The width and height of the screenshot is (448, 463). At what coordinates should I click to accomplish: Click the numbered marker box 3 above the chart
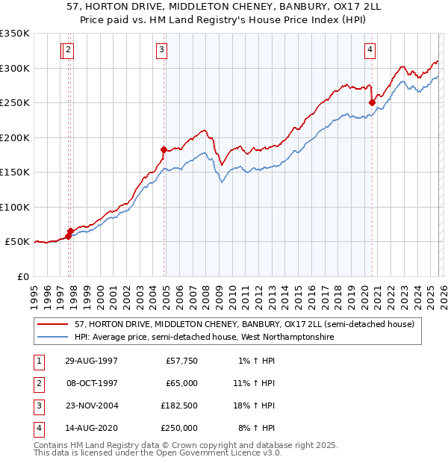pos(161,50)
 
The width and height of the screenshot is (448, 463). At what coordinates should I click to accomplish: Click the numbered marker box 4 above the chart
pos(369,50)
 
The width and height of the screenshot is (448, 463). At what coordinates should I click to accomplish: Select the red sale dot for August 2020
pos(372,103)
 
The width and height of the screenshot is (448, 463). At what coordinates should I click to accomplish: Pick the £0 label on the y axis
pos(22,276)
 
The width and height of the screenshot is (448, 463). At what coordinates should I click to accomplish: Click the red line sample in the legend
pos(53,325)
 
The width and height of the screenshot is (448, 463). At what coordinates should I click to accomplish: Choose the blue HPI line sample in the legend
pos(53,338)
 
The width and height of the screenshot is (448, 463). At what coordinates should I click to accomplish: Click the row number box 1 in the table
pos(37,360)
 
